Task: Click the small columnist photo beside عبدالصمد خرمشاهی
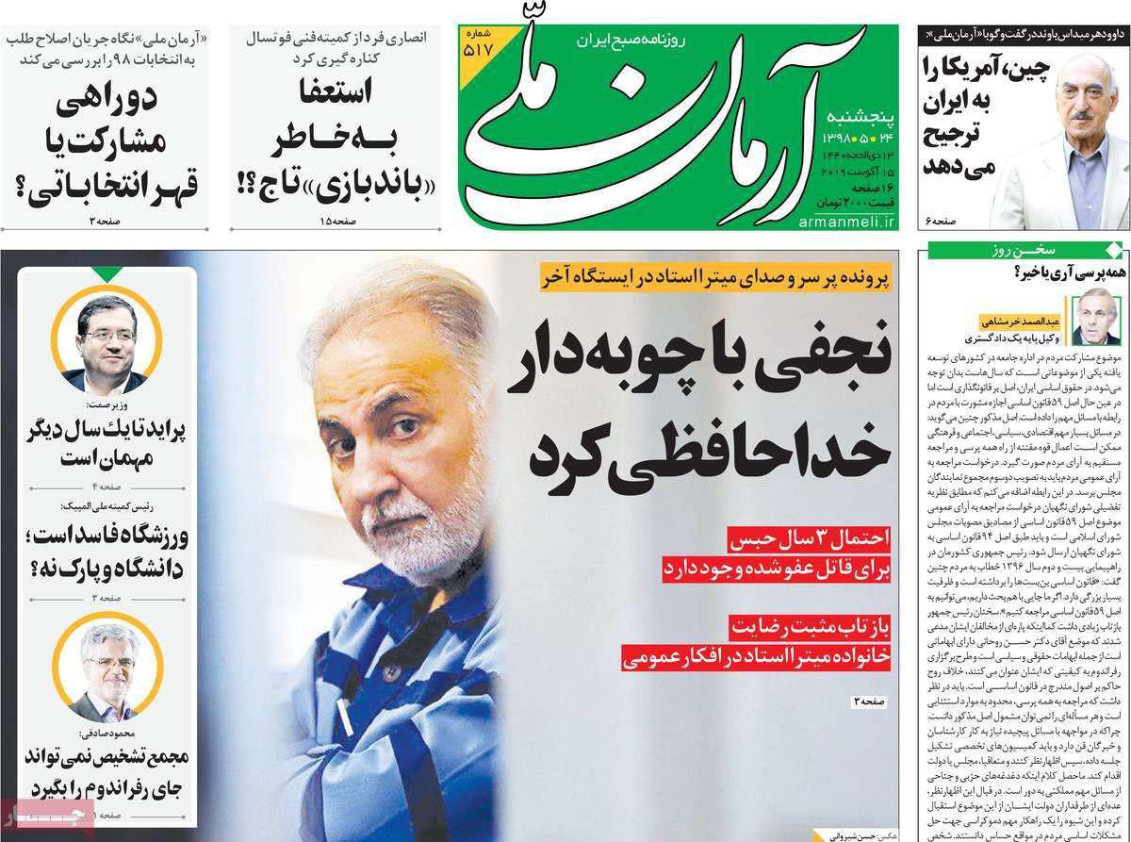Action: (x=1098, y=317)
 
